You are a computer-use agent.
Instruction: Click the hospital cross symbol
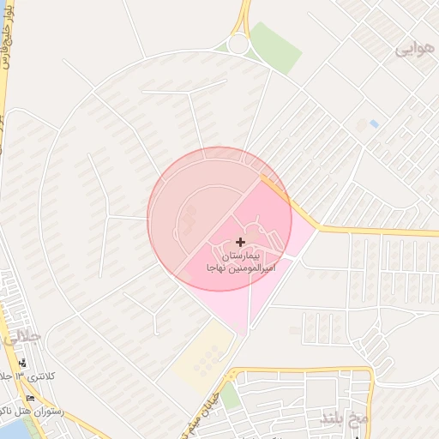coord(239,243)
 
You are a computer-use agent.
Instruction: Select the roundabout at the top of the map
coord(238,44)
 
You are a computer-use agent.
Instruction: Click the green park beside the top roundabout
coord(276,46)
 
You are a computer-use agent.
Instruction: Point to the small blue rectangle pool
coord(374,125)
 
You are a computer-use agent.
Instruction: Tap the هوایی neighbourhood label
coord(414,50)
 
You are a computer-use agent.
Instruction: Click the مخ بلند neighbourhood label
coord(344,418)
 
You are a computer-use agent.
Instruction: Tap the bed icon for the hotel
coord(31,398)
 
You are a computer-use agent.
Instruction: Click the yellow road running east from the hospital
coord(377,231)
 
